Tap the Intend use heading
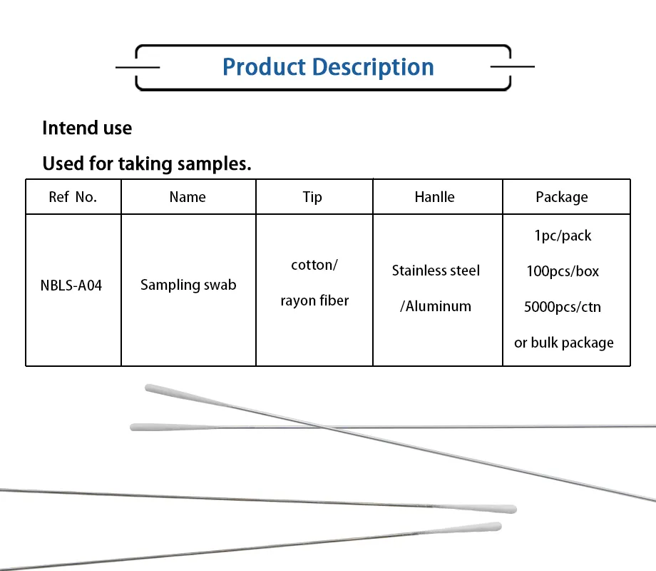tap(87, 128)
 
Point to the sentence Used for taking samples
tap(147, 164)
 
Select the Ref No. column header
tap(73, 197)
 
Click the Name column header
tap(188, 197)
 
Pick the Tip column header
tap(312, 197)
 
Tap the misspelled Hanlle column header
tap(434, 197)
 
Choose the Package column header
tap(562, 197)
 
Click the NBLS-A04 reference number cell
tap(71, 285)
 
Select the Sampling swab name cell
tap(188, 285)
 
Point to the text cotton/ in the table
tap(314, 266)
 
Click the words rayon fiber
tap(314, 301)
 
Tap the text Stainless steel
tap(436, 271)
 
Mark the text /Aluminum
tap(436, 307)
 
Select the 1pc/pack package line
tap(563, 236)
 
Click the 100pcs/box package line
tap(563, 271)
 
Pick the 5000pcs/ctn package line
tap(563, 307)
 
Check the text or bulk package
tap(563, 343)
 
